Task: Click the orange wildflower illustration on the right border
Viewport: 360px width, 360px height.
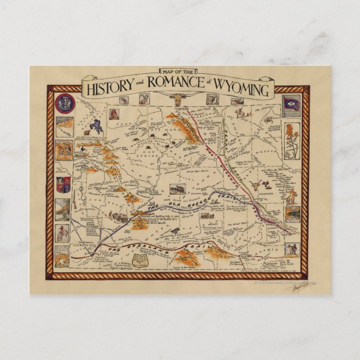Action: (x=292, y=139)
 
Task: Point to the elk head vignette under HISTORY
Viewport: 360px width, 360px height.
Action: (x=125, y=101)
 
